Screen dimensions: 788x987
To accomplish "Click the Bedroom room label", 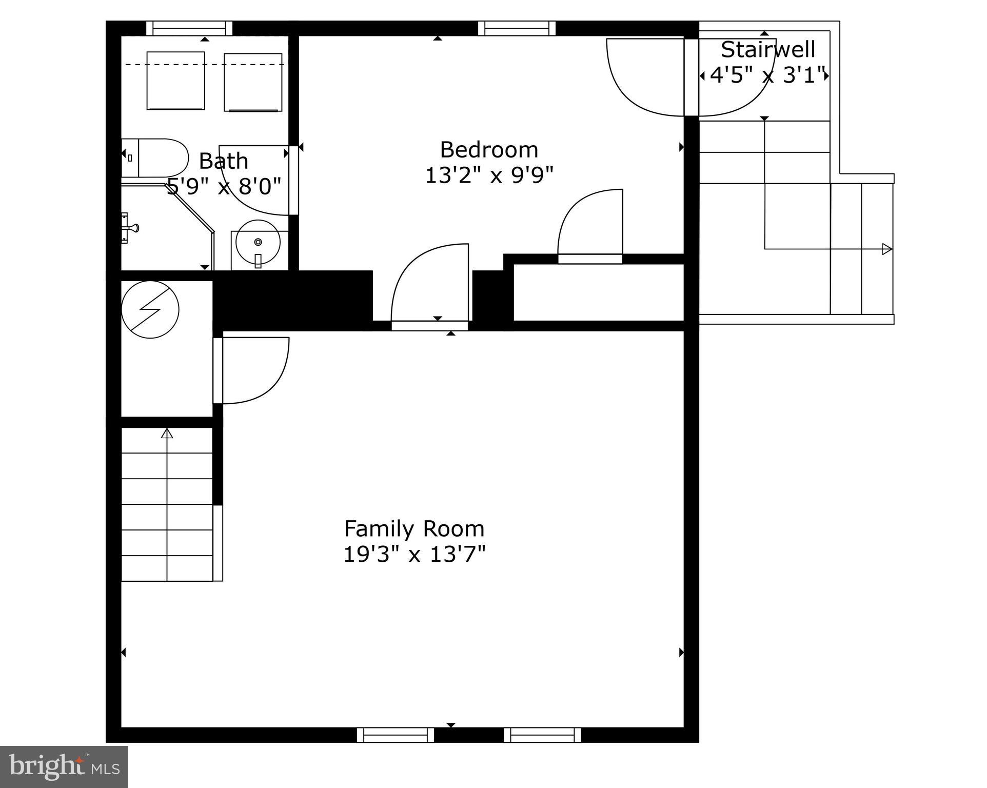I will click(489, 150).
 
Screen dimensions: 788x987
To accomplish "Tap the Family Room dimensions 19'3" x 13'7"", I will click(414, 555).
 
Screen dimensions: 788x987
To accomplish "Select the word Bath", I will click(223, 161).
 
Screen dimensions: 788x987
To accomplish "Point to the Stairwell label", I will click(767, 50).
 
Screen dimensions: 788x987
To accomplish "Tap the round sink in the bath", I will click(258, 242).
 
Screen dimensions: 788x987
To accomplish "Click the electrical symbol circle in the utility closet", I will click(150, 309).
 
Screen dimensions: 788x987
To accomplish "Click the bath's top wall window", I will click(189, 28).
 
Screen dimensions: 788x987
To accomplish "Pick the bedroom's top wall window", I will click(517, 28).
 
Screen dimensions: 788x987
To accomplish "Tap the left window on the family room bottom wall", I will click(396, 735).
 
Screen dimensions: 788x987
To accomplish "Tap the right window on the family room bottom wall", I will click(542, 735).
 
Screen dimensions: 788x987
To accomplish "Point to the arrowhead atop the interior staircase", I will click(167, 434).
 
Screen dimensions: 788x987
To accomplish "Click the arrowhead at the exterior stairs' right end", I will click(886, 249).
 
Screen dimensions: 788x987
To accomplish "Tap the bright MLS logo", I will click(64, 766).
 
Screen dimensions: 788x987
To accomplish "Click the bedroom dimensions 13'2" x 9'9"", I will click(489, 176).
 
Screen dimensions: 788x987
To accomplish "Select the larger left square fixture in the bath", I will click(175, 81).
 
